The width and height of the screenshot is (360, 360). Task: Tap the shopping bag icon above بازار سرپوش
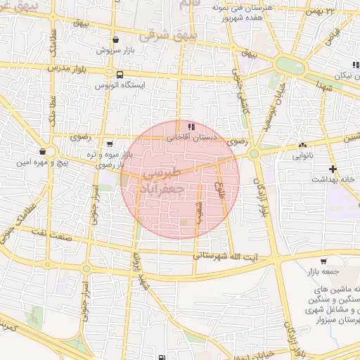(x=115, y=40)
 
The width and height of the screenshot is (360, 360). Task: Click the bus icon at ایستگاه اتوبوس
(x=120, y=74)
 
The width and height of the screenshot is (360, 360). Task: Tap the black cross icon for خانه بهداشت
(x=333, y=169)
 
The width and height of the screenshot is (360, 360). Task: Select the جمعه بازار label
(x=326, y=270)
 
